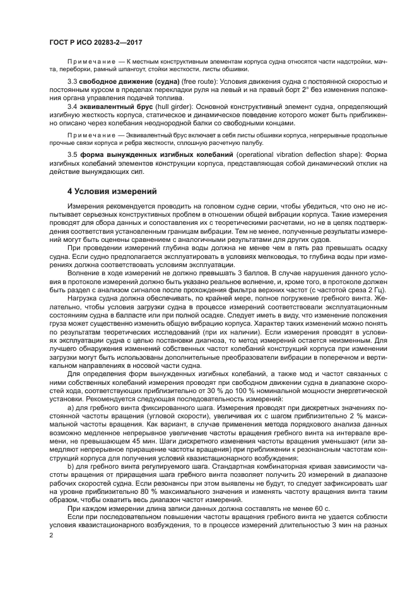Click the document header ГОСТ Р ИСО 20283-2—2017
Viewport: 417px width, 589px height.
pyautogui.click(x=95, y=42)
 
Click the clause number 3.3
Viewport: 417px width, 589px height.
pyautogui.click(x=71, y=83)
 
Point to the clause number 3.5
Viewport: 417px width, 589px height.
pyautogui.click(x=71, y=155)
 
